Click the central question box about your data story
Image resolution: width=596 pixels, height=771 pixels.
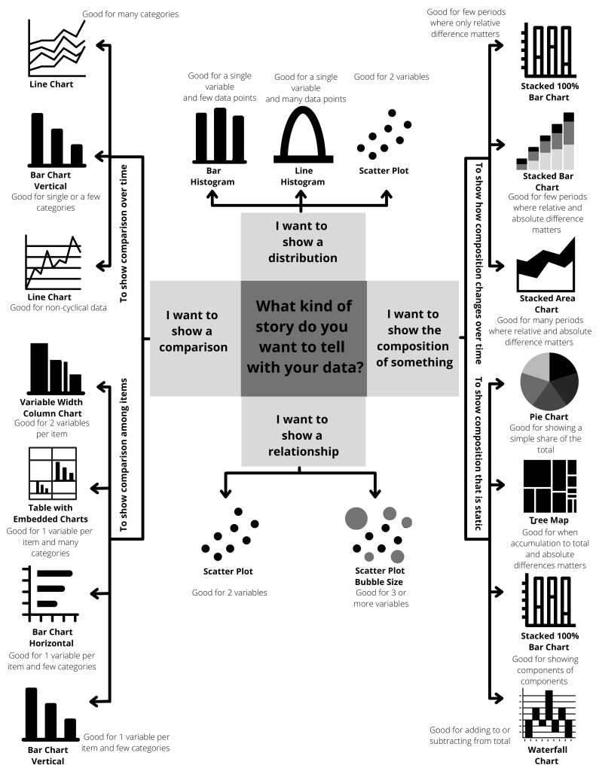pos(304,338)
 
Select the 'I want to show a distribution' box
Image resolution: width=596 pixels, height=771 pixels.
pos(303,246)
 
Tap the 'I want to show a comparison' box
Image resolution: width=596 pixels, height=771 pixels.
pos(195,338)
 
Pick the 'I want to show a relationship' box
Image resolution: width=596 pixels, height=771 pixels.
pos(303,431)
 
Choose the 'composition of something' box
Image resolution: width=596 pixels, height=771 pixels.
pos(413,338)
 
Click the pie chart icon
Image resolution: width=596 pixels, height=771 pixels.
pos(549,381)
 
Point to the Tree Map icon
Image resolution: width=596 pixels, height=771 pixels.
pos(550,486)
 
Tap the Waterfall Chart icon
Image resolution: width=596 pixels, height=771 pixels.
pos(549,715)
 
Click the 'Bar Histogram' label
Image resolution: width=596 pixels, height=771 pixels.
pos(212,176)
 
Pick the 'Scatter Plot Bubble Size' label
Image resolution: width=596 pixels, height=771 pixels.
pos(380,576)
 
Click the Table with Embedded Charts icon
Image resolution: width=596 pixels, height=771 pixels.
pos(53,473)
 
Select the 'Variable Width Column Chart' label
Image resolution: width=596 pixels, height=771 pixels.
pos(51,407)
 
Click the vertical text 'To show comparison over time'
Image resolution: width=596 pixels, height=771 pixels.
pos(124,233)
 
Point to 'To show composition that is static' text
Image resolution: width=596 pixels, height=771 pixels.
pos(478,453)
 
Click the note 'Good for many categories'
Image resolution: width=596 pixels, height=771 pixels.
pos(130,14)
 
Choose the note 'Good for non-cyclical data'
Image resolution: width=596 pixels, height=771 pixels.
pos(58,308)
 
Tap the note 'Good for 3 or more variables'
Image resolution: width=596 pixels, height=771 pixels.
pos(381,598)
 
